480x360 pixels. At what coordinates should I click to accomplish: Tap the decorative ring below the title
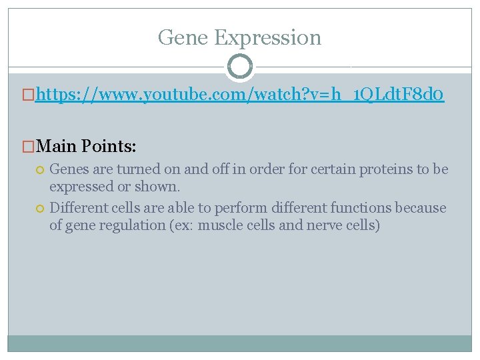240,67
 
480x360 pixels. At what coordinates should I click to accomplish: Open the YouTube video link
240,97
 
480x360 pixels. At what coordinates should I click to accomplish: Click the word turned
135,169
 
